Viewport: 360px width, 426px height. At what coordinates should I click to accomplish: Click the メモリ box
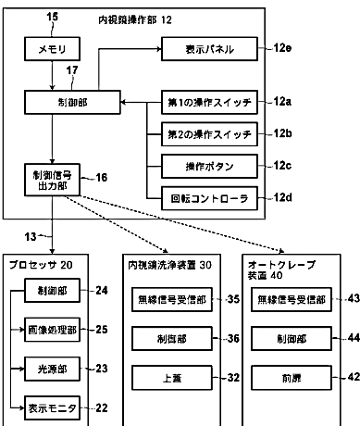(x=52, y=49)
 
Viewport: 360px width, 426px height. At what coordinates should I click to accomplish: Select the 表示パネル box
(x=209, y=49)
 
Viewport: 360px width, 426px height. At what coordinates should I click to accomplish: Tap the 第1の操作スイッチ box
(x=209, y=102)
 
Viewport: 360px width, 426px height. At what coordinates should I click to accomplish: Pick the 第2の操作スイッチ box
(x=209, y=134)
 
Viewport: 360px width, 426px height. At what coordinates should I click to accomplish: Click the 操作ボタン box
(x=209, y=167)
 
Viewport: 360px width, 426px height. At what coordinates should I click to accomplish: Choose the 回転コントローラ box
(x=209, y=198)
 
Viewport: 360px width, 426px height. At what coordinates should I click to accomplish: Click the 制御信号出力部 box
(x=52, y=180)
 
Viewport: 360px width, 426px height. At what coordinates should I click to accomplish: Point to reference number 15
(x=52, y=17)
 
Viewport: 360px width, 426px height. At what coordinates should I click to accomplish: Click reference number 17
(x=72, y=70)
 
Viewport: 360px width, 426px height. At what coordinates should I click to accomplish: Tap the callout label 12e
(x=282, y=48)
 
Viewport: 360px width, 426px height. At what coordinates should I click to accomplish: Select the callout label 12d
(x=282, y=197)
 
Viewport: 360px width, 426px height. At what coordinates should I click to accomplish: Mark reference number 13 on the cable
(x=31, y=237)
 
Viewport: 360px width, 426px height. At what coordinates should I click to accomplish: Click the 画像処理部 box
(x=52, y=330)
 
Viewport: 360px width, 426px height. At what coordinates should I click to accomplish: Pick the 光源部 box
(x=52, y=369)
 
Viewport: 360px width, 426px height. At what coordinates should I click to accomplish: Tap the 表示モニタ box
(x=52, y=408)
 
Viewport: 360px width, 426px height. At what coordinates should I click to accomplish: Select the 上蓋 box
(x=172, y=378)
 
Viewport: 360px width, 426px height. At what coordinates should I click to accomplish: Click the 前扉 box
(x=292, y=378)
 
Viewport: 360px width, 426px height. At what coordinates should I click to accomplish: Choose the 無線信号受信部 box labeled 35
(x=172, y=299)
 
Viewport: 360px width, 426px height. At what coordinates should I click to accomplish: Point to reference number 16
(x=102, y=178)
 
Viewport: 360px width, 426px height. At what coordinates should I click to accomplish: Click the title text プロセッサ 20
(x=41, y=265)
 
